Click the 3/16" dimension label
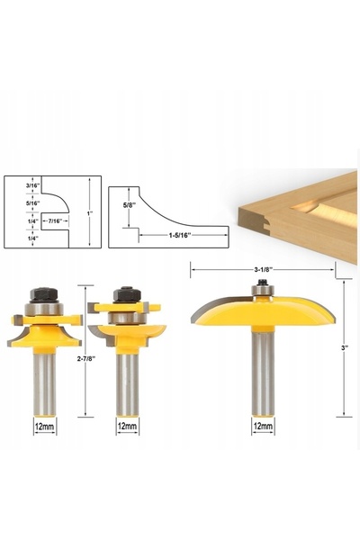coord(32,184)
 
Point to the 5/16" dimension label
coord(32,202)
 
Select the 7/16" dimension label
coord(55,220)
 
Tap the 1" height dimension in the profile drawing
coord(90,213)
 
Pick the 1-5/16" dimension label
coord(180,235)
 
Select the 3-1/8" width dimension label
coord(264,269)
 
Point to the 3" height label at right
coord(344,347)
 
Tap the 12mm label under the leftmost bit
coord(44,427)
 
